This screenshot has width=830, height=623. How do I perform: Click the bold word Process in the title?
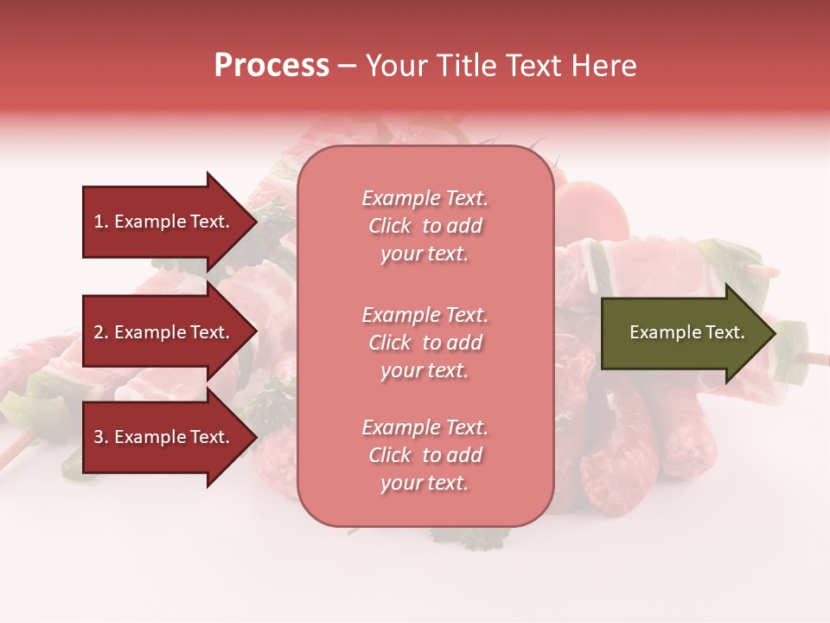[271, 66]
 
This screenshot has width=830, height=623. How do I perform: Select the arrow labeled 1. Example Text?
[164, 222]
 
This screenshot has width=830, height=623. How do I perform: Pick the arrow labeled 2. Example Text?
[164, 332]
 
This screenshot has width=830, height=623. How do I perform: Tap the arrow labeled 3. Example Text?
[164, 438]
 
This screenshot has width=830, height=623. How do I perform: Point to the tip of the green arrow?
[774, 333]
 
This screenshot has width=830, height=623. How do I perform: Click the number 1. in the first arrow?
[101, 222]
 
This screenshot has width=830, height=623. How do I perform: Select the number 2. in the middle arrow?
[101, 332]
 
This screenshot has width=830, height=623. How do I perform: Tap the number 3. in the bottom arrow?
[101, 438]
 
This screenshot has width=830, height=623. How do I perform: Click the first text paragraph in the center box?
[425, 226]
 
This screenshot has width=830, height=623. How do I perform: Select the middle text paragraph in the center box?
[425, 343]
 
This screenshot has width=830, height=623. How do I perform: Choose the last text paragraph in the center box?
[425, 455]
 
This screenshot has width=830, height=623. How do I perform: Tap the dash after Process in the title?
[347, 67]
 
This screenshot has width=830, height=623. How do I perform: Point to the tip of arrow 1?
[256, 222]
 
